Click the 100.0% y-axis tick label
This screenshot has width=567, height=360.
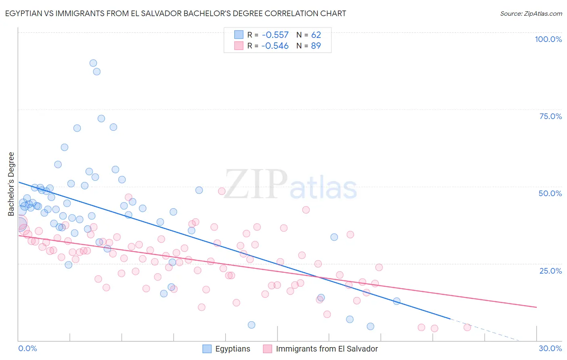(548, 39)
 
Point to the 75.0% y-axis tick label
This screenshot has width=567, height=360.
(550, 116)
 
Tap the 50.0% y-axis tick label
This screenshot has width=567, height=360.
(550, 193)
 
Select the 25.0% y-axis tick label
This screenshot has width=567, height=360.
(550, 271)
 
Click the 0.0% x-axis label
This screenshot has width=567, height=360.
(27, 348)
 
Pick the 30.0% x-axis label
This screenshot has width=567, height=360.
(550, 348)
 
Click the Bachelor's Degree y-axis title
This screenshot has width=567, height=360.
(11, 184)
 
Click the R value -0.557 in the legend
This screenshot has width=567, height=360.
(275, 35)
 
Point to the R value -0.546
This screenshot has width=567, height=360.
(275, 46)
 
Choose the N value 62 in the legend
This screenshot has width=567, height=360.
(316, 35)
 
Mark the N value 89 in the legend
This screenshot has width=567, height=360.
(316, 46)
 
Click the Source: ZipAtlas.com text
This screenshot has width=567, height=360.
(531, 14)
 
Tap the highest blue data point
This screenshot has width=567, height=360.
(93, 63)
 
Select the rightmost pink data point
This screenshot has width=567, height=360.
(467, 327)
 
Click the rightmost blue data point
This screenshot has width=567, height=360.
(396, 301)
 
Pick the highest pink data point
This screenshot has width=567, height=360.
(221, 191)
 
